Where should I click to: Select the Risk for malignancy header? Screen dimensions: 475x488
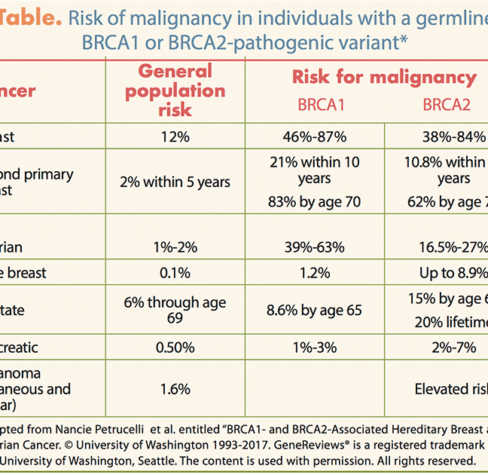click(384, 77)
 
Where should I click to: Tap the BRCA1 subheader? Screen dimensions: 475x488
click(320, 105)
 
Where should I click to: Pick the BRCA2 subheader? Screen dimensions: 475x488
click(447, 105)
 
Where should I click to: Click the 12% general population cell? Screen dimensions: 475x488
click(175, 136)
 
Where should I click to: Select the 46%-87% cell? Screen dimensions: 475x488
click(320, 136)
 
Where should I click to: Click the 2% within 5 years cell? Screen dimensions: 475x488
click(175, 182)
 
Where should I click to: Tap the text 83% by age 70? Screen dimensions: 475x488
click(320, 201)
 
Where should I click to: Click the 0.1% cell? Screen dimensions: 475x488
click(175, 272)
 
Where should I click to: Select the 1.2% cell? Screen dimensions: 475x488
click(320, 272)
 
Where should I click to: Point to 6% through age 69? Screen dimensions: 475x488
click(175, 310)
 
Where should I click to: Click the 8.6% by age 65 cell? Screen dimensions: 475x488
click(320, 310)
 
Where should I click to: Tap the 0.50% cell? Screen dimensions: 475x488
click(175, 348)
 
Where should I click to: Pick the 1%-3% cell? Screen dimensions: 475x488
click(320, 348)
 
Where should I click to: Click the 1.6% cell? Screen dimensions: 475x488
click(175, 389)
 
